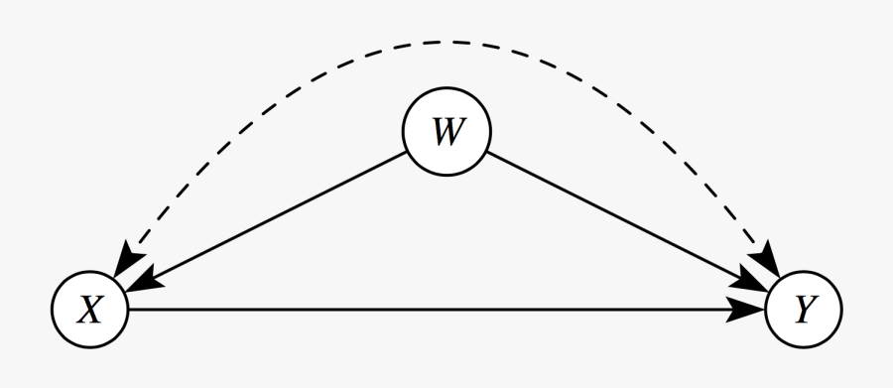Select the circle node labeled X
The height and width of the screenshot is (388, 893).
(90, 311)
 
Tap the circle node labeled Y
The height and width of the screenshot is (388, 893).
(803, 311)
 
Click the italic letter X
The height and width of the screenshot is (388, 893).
(90, 311)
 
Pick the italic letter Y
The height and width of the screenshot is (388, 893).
(803, 311)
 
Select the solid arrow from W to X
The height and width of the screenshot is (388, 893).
(268, 221)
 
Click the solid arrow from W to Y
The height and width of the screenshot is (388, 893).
(625, 221)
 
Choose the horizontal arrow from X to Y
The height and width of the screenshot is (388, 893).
(446, 311)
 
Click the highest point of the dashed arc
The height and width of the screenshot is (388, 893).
(446, 42)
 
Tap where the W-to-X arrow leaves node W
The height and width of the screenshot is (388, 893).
(407, 154)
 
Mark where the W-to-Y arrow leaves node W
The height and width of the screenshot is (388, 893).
(486, 154)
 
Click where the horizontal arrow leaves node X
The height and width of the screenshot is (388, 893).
(130, 311)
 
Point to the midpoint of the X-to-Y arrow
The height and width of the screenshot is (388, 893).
(446, 311)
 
